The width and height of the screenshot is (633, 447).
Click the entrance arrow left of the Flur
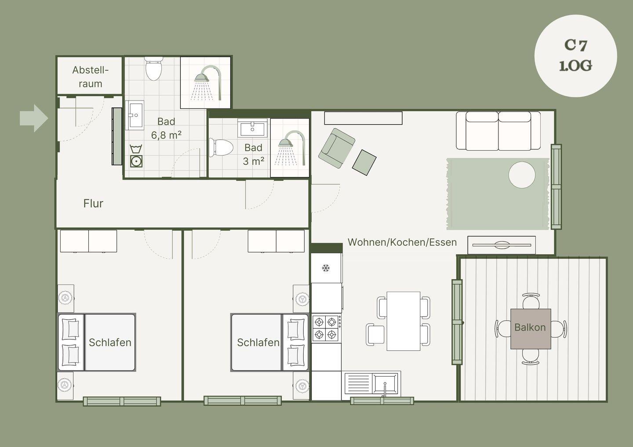click(x=34, y=118)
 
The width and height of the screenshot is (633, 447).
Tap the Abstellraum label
click(x=91, y=77)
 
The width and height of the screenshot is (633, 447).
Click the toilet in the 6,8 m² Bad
click(x=153, y=68)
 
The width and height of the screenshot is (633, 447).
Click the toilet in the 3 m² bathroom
click(x=221, y=147)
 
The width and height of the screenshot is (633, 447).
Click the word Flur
click(x=93, y=203)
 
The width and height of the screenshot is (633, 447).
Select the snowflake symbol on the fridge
click(x=326, y=268)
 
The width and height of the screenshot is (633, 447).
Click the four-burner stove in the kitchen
click(x=326, y=328)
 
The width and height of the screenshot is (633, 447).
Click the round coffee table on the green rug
click(x=522, y=175)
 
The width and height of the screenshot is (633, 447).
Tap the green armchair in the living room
click(x=337, y=148)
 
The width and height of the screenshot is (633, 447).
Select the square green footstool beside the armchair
click(x=364, y=162)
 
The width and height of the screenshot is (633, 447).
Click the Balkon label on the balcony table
click(x=530, y=328)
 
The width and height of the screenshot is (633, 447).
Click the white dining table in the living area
click(x=403, y=321)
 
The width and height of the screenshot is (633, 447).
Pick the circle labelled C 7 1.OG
click(x=576, y=56)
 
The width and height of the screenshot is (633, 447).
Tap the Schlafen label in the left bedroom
click(x=110, y=342)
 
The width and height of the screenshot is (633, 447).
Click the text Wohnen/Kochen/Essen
click(x=402, y=242)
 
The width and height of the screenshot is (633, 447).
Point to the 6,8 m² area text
click(x=166, y=135)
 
